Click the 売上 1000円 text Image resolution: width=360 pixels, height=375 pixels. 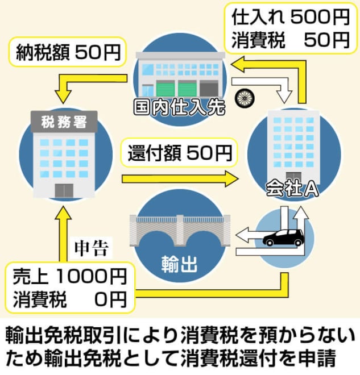coord(69,277)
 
